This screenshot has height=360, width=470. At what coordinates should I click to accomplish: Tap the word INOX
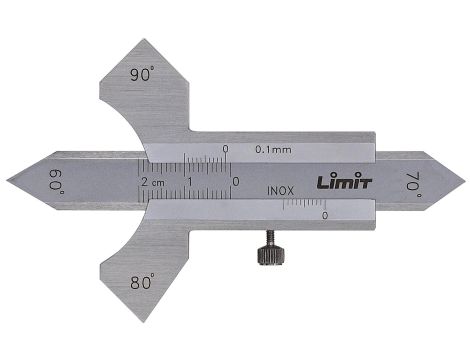tap(281, 189)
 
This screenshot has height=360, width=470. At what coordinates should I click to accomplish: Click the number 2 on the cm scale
tap(147, 181)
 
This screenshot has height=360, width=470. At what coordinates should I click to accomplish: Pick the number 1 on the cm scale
tap(190, 181)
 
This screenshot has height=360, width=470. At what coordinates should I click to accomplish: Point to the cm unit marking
tap(161, 182)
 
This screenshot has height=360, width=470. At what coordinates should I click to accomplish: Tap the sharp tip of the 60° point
tap(8, 180)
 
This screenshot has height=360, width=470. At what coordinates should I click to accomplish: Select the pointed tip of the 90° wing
tap(142, 40)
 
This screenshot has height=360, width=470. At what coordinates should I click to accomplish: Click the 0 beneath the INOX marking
tap(324, 214)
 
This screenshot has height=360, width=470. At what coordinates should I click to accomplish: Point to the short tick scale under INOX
tap(303, 204)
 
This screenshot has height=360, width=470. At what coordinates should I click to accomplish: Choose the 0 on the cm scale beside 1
tap(234, 181)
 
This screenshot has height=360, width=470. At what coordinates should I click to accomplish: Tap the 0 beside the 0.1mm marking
tap(226, 150)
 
